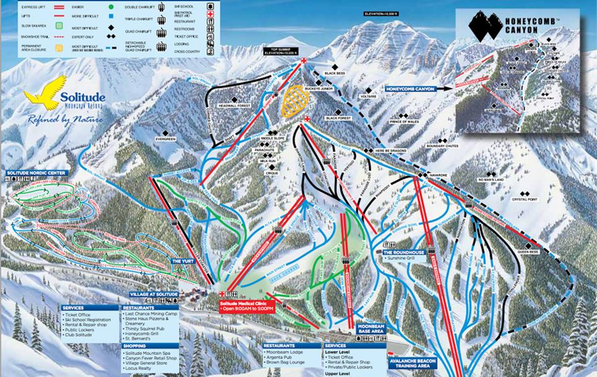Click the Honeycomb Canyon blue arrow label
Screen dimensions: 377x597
[410, 89]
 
